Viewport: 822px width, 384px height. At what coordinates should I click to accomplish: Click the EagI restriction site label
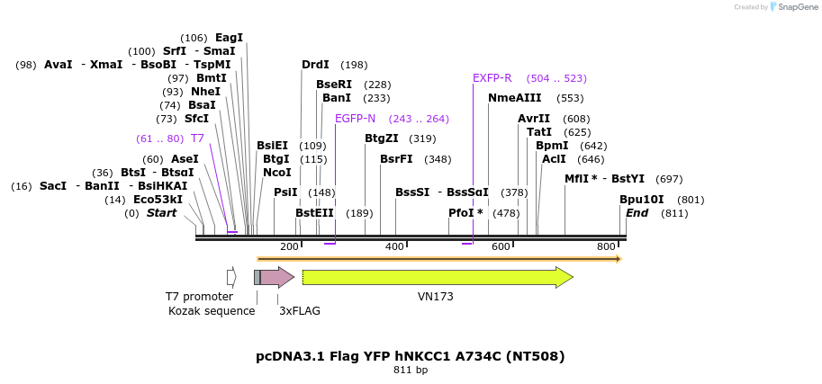229,38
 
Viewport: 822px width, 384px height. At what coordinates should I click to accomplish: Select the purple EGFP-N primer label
355,119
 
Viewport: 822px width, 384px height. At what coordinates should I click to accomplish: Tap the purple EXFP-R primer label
492,78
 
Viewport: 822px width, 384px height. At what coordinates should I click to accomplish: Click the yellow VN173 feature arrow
437,278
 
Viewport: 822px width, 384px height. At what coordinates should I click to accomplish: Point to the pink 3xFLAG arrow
276,277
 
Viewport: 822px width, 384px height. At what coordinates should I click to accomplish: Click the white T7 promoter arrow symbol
231,277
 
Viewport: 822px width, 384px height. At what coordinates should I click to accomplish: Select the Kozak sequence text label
212,311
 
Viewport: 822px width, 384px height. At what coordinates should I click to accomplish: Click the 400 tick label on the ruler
394,246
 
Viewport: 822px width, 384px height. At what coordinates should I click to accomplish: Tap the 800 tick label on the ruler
606,246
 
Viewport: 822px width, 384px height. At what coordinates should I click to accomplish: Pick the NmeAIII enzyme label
515,98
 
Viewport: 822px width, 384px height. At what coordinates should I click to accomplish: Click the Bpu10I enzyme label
641,200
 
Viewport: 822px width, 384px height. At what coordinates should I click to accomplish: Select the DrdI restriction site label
315,65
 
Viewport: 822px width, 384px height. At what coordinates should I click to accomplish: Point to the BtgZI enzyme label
381,138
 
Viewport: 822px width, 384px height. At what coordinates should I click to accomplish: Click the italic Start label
162,213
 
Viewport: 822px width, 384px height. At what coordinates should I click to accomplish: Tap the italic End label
637,213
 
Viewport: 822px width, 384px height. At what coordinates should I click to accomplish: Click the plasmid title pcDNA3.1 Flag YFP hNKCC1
411,356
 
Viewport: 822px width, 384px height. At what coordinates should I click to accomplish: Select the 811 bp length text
411,370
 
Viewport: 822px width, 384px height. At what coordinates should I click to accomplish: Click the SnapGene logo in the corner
792,7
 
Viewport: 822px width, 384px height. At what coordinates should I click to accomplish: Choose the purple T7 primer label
197,138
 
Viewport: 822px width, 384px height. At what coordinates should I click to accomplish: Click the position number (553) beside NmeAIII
570,98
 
